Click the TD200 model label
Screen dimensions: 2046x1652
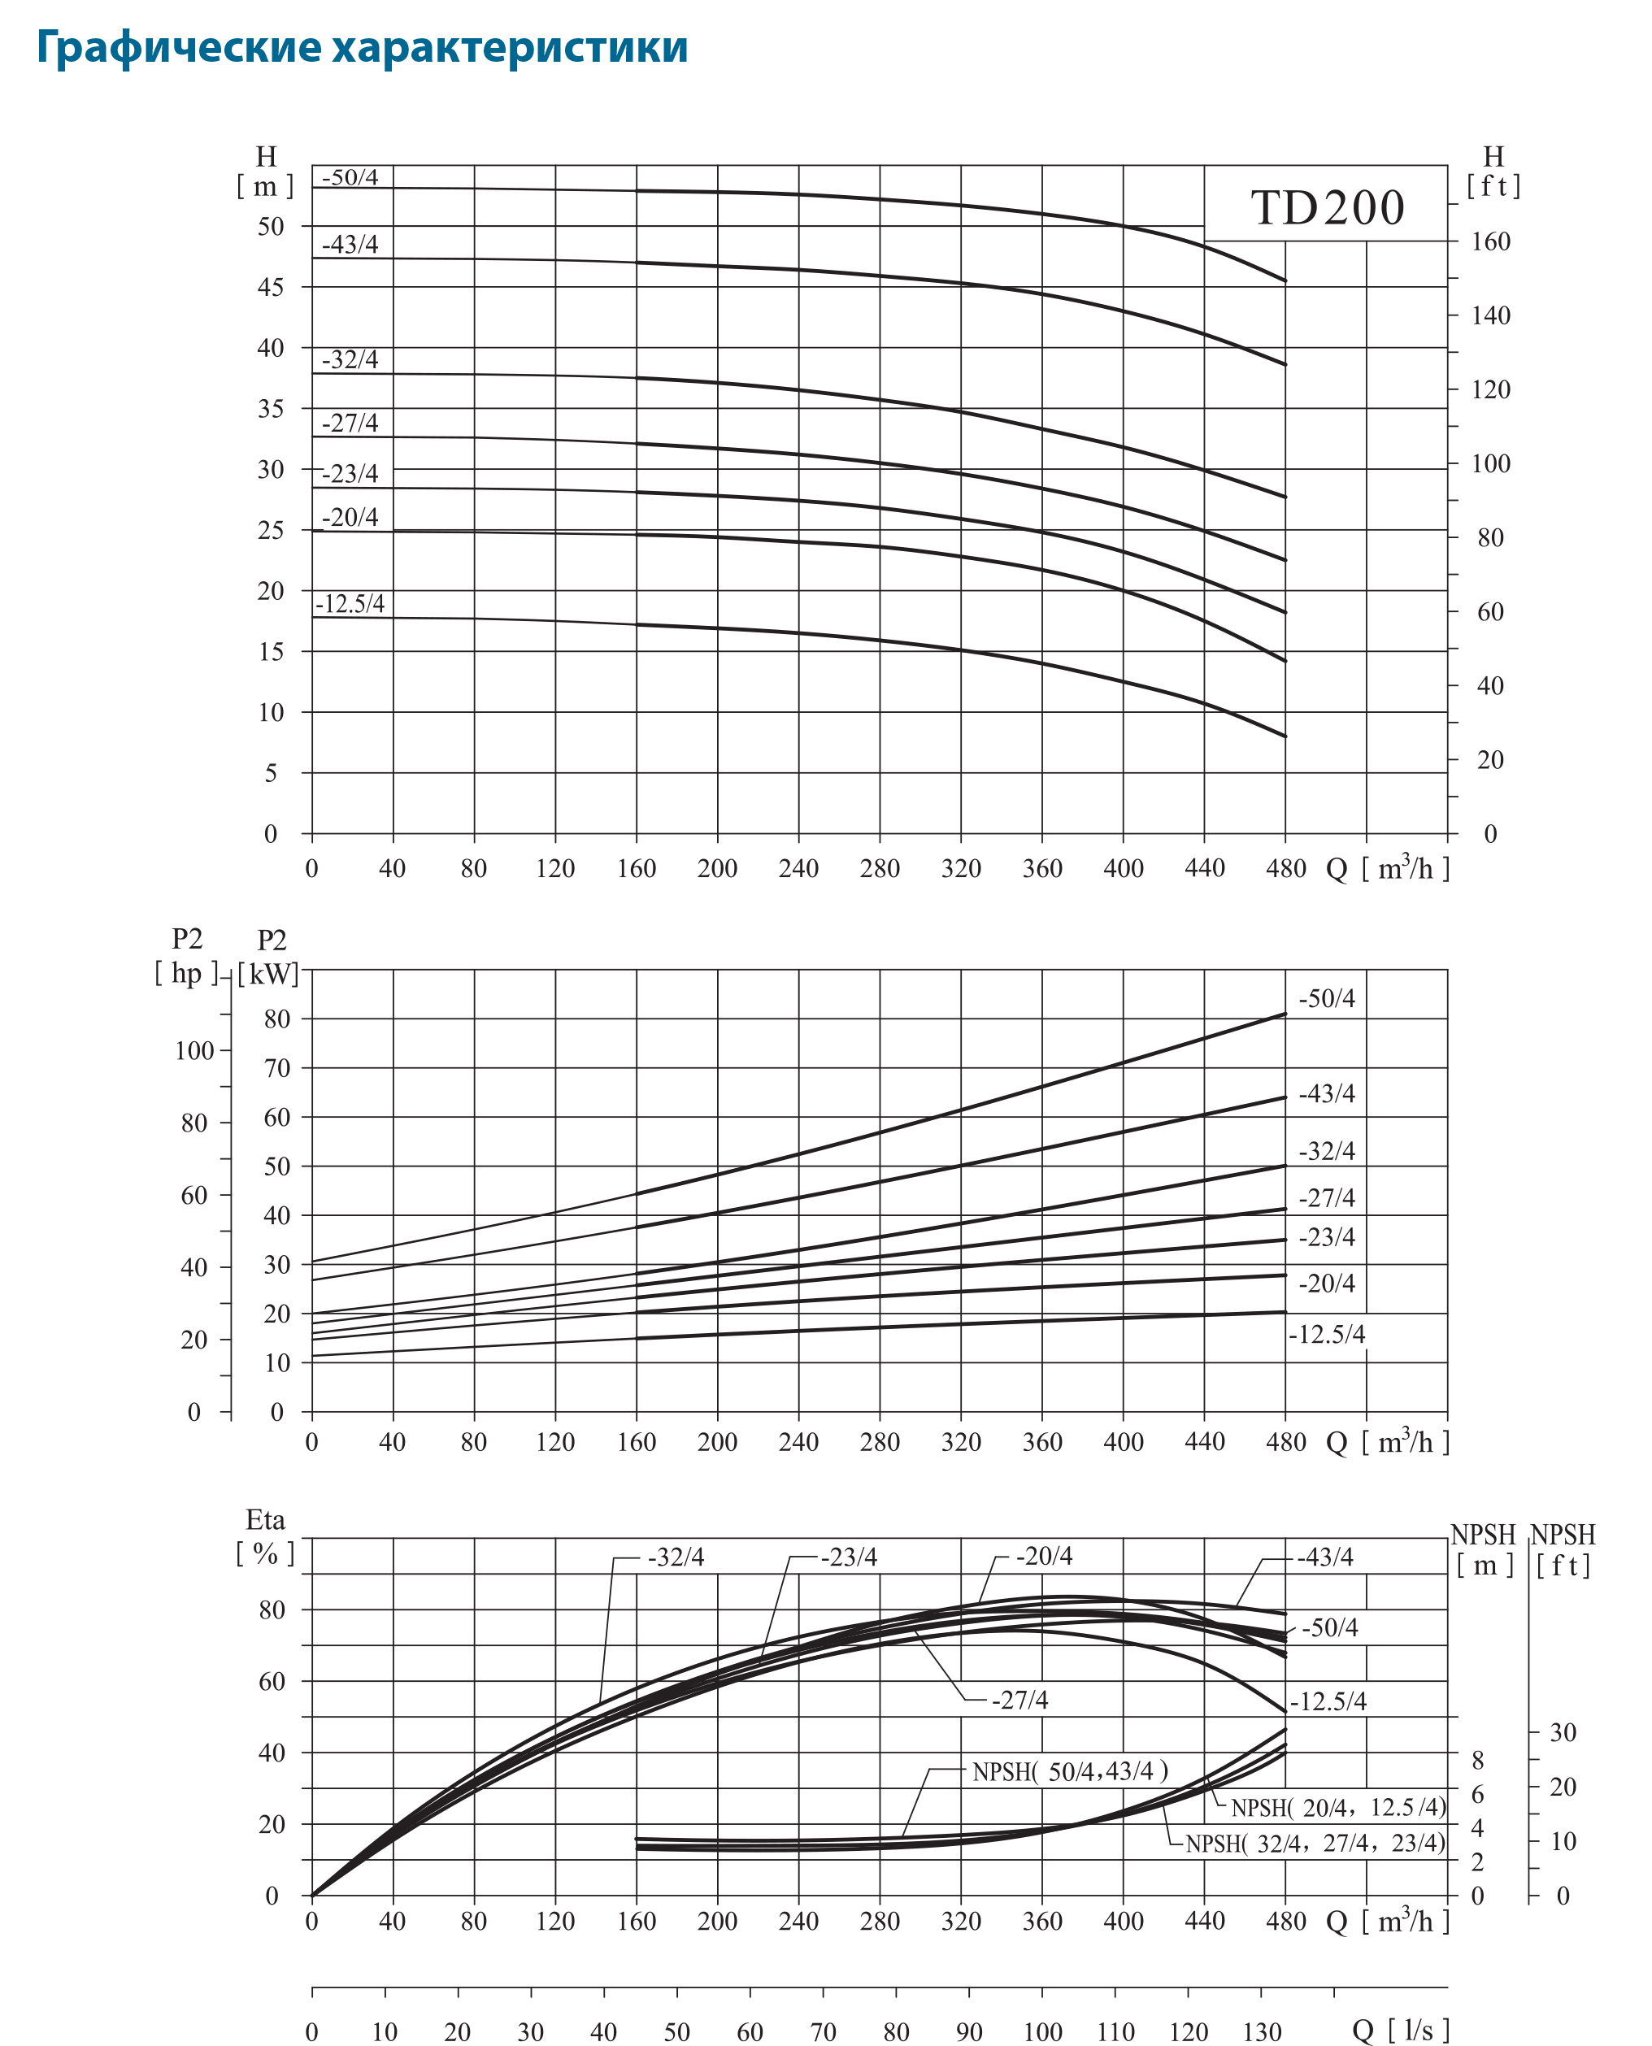(1327, 207)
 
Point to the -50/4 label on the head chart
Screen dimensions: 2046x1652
(350, 177)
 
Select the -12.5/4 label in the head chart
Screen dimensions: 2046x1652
(350, 603)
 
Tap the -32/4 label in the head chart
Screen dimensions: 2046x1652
(350, 360)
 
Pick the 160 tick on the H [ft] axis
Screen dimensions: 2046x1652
(1490, 241)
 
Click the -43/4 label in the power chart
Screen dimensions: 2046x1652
(1327, 1093)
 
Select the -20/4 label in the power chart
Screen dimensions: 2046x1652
(1327, 1283)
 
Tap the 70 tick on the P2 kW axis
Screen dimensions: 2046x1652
(277, 1068)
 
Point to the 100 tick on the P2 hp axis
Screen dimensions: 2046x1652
(194, 1050)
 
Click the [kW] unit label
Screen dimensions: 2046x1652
(268, 974)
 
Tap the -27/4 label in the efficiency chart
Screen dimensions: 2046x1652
(1019, 1700)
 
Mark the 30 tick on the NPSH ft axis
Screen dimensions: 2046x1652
(1563, 1732)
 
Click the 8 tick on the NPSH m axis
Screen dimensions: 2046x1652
(1478, 1761)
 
